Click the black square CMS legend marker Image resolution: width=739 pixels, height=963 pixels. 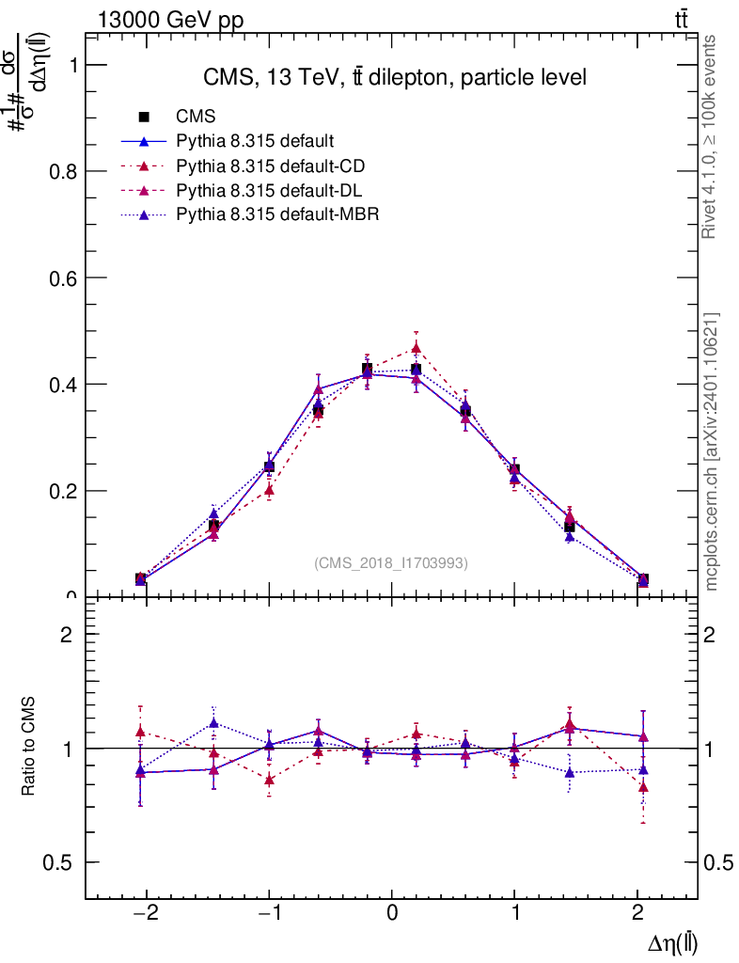(x=145, y=118)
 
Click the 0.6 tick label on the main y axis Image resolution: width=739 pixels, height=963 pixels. (x=62, y=277)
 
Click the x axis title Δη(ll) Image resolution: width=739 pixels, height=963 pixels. (x=673, y=944)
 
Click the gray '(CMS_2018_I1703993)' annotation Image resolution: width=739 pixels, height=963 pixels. (x=390, y=562)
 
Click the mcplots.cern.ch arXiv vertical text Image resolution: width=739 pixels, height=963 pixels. (x=712, y=451)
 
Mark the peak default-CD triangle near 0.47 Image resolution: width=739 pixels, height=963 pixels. (x=417, y=349)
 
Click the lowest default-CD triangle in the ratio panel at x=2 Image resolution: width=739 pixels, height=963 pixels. (x=643, y=787)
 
